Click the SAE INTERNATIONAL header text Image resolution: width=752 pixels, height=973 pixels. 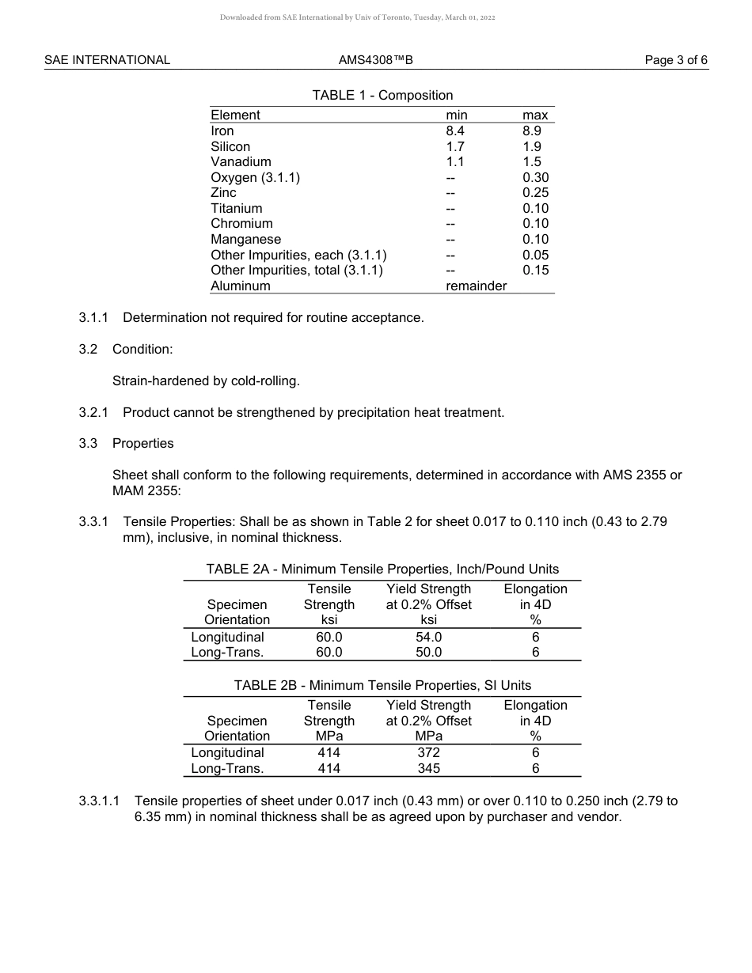pyautogui.click(x=107, y=60)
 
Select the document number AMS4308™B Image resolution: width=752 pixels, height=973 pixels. pyautogui.click(x=376, y=60)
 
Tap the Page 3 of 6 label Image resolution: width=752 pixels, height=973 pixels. pyautogui.click(x=676, y=60)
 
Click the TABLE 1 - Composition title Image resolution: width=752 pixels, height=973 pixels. pyautogui.click(x=382, y=96)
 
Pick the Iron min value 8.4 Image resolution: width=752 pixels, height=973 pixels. pyautogui.click(x=455, y=131)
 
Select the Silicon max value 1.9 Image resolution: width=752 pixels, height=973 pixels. pyautogui.click(x=532, y=146)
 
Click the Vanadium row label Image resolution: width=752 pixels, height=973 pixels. pyautogui.click(x=241, y=162)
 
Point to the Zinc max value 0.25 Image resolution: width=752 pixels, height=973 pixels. pyautogui.click(x=535, y=193)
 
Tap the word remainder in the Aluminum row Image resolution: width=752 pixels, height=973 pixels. pyautogui.click(x=476, y=286)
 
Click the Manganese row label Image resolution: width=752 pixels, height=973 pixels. pyautogui.click(x=245, y=240)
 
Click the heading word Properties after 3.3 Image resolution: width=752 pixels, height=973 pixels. pyautogui.click(x=142, y=444)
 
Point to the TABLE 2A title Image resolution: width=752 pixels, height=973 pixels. pyautogui.click(x=382, y=570)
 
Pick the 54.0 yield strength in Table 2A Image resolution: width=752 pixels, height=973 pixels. pyautogui.click(x=428, y=638)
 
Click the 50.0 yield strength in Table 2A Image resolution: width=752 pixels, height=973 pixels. pyautogui.click(x=428, y=653)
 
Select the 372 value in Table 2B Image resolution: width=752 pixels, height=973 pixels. pyautogui.click(x=428, y=753)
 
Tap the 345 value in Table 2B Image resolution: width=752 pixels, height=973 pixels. pyautogui.click(x=428, y=769)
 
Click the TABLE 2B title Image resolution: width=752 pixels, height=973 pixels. pyautogui.click(x=382, y=686)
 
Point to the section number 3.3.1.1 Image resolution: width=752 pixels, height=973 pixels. pyautogui.click(x=99, y=801)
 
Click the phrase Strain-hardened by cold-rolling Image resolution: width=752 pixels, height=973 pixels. pyautogui.click(x=206, y=381)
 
